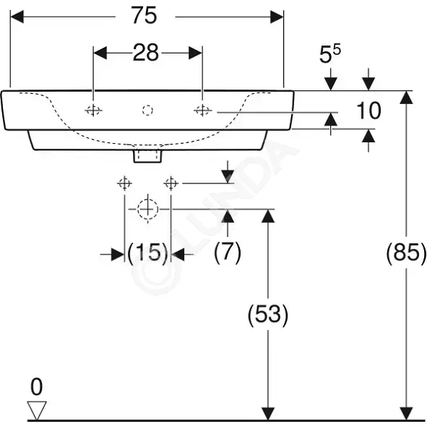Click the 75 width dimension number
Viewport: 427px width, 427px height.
(144, 15)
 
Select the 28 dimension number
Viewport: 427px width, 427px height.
(146, 53)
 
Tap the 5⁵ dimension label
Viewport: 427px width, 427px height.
(329, 53)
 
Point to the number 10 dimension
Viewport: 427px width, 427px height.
(368, 111)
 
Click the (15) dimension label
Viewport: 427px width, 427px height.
(147, 253)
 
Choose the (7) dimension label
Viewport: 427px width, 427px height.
(228, 253)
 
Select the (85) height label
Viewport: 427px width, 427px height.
(406, 253)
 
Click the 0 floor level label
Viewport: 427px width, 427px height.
(37, 387)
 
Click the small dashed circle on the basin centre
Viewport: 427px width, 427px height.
(147, 111)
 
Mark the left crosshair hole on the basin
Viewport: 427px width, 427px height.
(93, 111)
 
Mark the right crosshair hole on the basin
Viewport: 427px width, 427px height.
(202, 111)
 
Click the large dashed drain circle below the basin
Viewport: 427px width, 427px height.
(147, 209)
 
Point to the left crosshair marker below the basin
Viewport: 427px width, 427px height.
(124, 184)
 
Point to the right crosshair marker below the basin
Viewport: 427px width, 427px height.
(171, 184)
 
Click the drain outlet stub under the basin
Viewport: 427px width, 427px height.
(147, 156)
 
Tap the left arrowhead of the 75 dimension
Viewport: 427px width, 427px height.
(17, 17)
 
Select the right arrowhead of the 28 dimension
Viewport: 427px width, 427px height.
(196, 53)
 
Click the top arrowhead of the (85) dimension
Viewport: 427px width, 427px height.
(406, 98)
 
